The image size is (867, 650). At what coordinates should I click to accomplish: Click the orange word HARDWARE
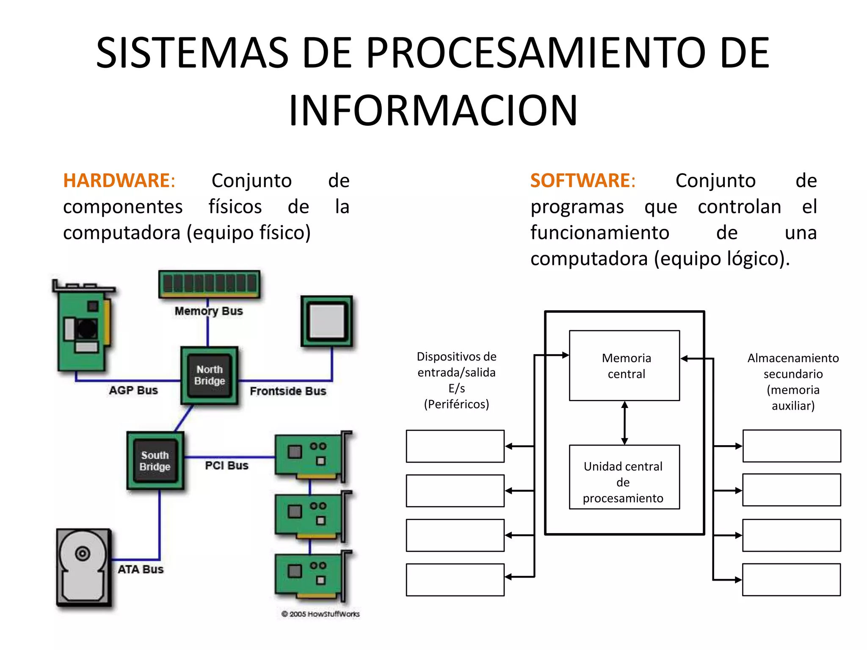(x=116, y=181)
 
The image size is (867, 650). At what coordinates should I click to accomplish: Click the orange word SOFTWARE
(x=580, y=181)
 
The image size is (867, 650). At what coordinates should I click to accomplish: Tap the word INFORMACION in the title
(x=433, y=110)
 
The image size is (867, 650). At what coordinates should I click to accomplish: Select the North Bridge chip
(x=210, y=375)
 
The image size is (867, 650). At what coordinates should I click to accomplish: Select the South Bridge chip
(x=155, y=461)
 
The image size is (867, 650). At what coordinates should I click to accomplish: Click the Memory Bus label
(x=209, y=311)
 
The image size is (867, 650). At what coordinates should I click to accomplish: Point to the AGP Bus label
(x=133, y=390)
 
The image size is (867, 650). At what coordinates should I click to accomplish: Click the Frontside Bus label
(x=288, y=391)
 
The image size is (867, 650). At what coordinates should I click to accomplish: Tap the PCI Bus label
(x=226, y=465)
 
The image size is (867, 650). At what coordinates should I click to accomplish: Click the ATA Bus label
(x=141, y=569)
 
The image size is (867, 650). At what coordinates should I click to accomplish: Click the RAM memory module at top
(x=210, y=284)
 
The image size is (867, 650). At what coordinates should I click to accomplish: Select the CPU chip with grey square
(x=327, y=321)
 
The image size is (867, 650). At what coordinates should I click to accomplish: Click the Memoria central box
(x=624, y=366)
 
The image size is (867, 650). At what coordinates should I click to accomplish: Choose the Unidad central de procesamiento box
(x=624, y=477)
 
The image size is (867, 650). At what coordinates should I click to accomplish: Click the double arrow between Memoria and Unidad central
(x=624, y=423)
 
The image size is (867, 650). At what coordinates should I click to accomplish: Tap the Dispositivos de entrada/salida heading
(x=456, y=380)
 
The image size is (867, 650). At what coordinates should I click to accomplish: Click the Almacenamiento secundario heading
(x=793, y=381)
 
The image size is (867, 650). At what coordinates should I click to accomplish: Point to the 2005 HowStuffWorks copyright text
(x=320, y=614)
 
